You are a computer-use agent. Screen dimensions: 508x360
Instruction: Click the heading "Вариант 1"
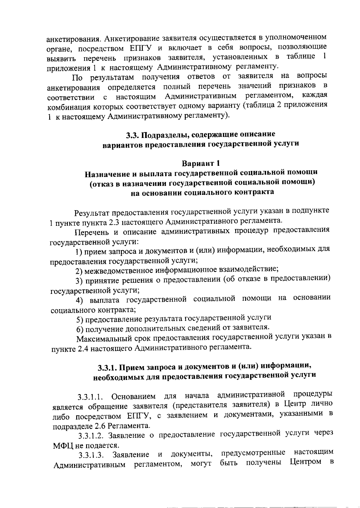(201, 163)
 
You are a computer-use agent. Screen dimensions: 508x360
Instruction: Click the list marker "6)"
(79, 330)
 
